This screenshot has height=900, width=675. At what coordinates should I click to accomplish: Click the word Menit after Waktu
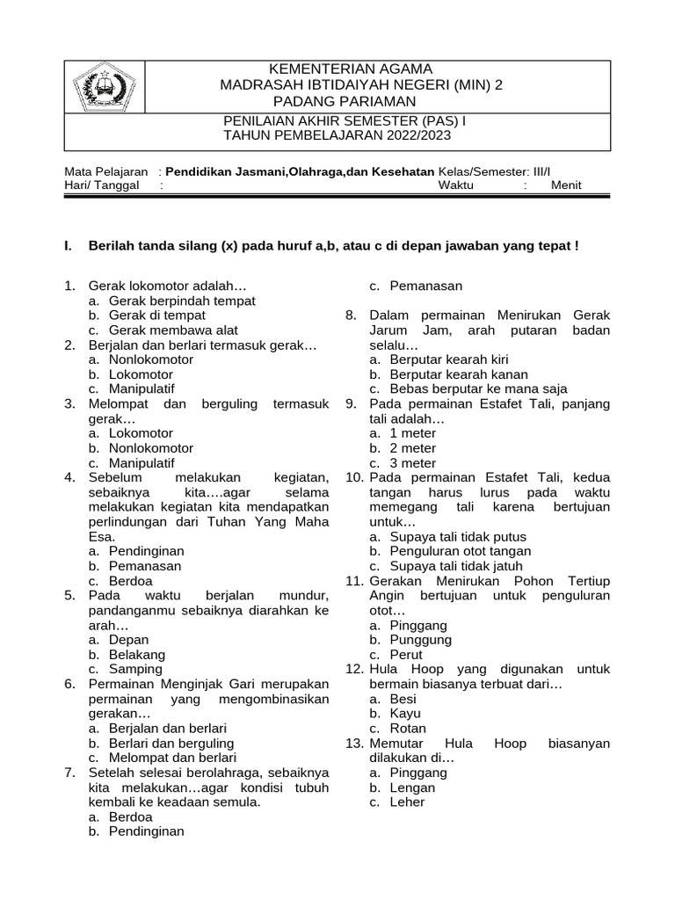coord(566,185)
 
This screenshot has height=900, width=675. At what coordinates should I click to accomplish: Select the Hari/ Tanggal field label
coord(102,185)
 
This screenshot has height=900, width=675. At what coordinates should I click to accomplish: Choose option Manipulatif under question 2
coord(142,388)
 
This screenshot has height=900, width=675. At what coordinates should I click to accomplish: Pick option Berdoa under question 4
coord(131,581)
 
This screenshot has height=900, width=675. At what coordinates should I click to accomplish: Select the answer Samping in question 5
coord(135,670)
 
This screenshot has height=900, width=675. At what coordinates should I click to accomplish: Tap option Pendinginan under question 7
coord(147,831)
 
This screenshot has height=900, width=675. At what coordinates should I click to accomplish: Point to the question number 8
coord(350,316)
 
